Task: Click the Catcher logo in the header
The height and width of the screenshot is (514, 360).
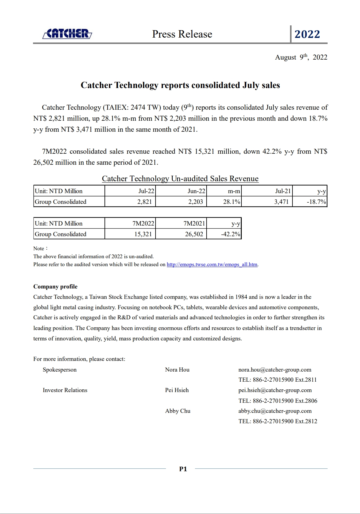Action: (67, 34)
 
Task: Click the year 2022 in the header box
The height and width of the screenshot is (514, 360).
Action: (307, 34)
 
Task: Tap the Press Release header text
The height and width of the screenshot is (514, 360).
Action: (182, 34)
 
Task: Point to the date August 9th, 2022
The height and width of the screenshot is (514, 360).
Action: (301, 57)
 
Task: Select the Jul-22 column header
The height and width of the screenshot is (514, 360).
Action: (146, 191)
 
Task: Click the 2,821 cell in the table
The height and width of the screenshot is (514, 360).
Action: (144, 202)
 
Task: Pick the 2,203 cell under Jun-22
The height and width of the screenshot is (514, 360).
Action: (195, 202)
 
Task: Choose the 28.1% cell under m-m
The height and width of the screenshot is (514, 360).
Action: (231, 202)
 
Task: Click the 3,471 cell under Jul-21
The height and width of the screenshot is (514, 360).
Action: (281, 202)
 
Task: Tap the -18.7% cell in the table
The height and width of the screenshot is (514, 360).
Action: (316, 202)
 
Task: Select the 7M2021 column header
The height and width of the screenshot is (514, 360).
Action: (194, 223)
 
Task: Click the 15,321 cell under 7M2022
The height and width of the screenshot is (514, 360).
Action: (143, 234)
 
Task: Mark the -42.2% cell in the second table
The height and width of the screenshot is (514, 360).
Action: (230, 234)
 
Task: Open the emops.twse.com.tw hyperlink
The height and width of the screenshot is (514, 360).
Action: (212, 265)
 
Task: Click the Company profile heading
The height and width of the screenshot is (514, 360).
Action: (55, 287)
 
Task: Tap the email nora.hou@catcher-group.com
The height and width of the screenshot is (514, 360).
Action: (275, 370)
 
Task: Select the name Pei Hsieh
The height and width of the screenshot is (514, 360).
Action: (177, 390)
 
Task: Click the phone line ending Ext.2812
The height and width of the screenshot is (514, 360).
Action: (278, 421)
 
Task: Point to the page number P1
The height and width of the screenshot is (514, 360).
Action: (183, 469)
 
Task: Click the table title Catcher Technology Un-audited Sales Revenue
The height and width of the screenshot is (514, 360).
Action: (180, 179)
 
